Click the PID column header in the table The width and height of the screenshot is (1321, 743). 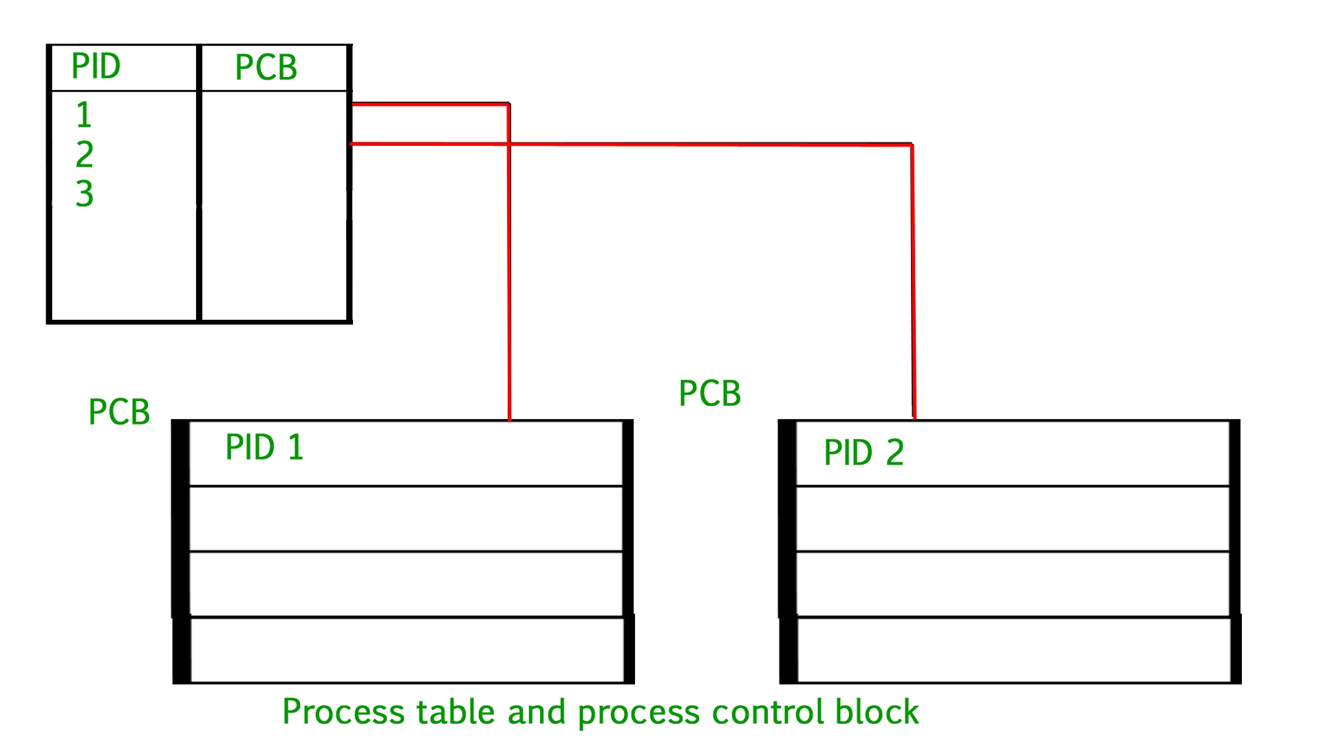(96, 67)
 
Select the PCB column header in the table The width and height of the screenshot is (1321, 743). (266, 67)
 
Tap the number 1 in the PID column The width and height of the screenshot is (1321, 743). (84, 115)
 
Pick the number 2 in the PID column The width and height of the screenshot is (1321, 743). (84, 154)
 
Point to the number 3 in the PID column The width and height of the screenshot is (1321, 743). (84, 193)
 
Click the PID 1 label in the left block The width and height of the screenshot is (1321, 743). (264, 448)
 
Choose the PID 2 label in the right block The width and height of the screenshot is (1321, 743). (863, 453)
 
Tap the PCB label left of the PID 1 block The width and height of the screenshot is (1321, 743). (119, 412)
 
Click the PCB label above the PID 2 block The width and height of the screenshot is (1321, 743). (709, 394)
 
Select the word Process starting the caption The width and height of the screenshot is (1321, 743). (343, 712)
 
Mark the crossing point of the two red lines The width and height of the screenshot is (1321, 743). (508, 144)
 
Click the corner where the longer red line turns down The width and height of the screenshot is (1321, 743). (912, 145)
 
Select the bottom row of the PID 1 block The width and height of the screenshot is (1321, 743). (406, 650)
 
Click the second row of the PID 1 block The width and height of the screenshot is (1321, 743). (406, 519)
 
